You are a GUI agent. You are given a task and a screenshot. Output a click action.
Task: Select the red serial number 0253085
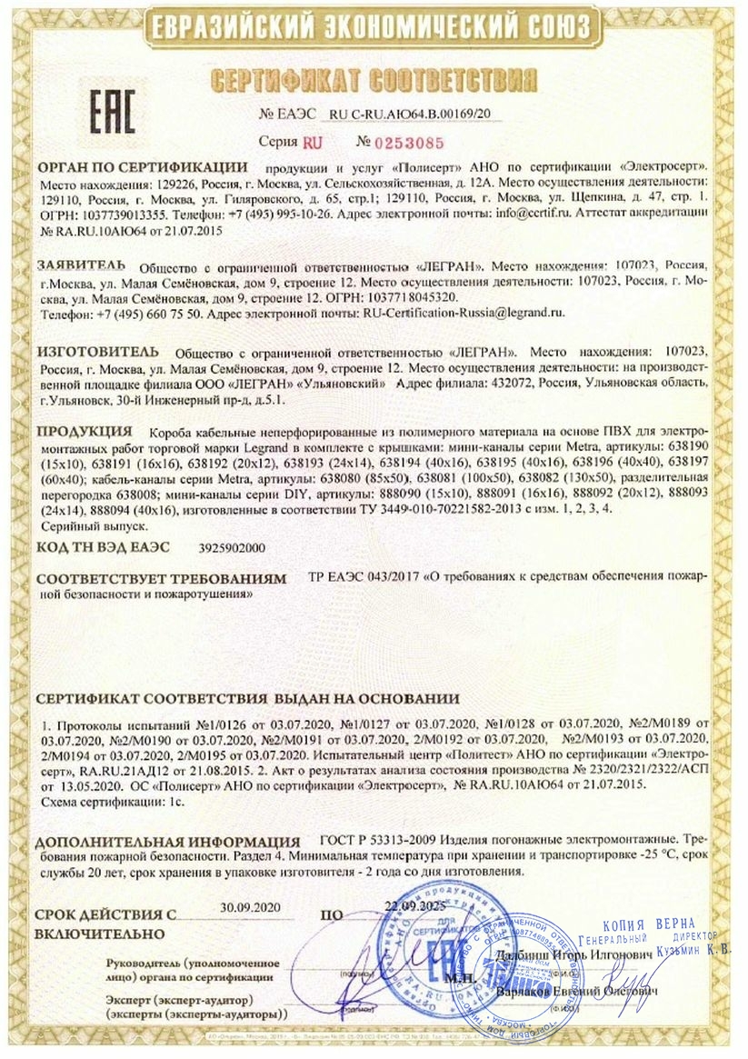[409, 143]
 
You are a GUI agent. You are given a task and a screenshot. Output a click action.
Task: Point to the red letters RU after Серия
[313, 143]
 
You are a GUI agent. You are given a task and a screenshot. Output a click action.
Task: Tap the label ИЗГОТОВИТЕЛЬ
[98, 350]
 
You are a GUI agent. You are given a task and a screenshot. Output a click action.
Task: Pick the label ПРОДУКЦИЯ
[85, 430]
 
